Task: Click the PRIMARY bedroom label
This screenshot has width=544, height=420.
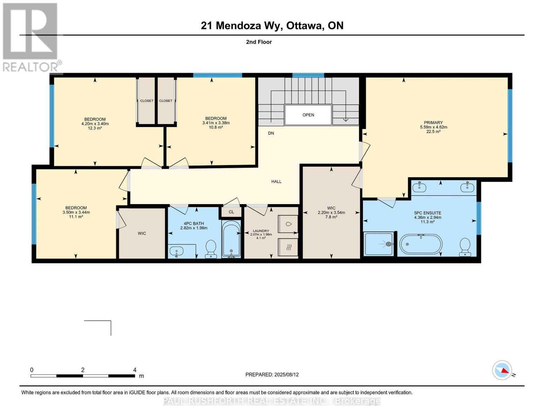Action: click(433, 122)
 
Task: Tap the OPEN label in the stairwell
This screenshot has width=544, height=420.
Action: click(308, 115)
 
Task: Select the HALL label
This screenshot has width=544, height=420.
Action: click(276, 181)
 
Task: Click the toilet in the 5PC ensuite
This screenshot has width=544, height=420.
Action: click(464, 247)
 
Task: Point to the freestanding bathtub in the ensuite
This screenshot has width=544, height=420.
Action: click(421, 244)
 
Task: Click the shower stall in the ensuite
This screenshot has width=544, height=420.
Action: click(379, 244)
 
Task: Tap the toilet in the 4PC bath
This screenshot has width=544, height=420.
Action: click(211, 249)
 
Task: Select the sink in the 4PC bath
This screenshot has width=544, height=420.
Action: click(177, 251)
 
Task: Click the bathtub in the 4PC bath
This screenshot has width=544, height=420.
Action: click(231, 239)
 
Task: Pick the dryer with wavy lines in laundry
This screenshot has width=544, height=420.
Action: click(288, 247)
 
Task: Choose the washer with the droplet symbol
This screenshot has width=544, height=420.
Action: click(288, 224)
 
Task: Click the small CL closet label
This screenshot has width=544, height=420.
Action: click(231, 212)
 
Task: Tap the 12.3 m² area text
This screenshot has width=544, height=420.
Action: click(95, 128)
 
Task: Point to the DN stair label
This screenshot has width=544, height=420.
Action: click(271, 133)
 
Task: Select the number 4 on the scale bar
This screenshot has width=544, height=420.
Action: click(135, 370)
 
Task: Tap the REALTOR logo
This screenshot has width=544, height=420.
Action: click(31, 37)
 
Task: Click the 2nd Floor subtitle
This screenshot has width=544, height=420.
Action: click(259, 42)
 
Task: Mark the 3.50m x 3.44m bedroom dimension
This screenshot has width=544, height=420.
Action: click(76, 212)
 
